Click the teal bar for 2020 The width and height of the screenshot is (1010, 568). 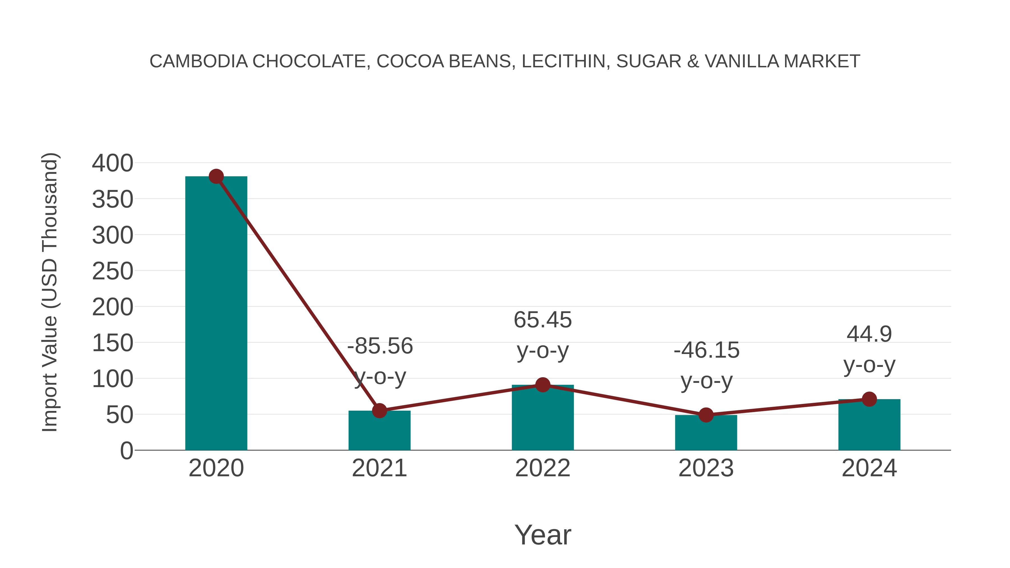point(216,314)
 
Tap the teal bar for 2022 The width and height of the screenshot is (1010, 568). point(543,419)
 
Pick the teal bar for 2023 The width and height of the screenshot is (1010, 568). point(706,433)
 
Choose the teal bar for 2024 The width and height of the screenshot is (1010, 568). point(869,425)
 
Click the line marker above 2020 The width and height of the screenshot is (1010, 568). point(216,176)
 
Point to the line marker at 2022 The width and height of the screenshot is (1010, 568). point(543,385)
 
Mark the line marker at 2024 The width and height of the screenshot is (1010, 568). point(869,399)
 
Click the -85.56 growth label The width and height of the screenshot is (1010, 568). point(380,346)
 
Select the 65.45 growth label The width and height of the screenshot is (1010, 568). point(543,320)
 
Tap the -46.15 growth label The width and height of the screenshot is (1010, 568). point(706,350)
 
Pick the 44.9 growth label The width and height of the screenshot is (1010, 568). point(869,334)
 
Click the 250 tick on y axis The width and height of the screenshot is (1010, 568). point(113,271)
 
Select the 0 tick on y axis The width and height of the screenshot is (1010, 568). point(126,451)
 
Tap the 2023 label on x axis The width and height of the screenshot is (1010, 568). point(706,468)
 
